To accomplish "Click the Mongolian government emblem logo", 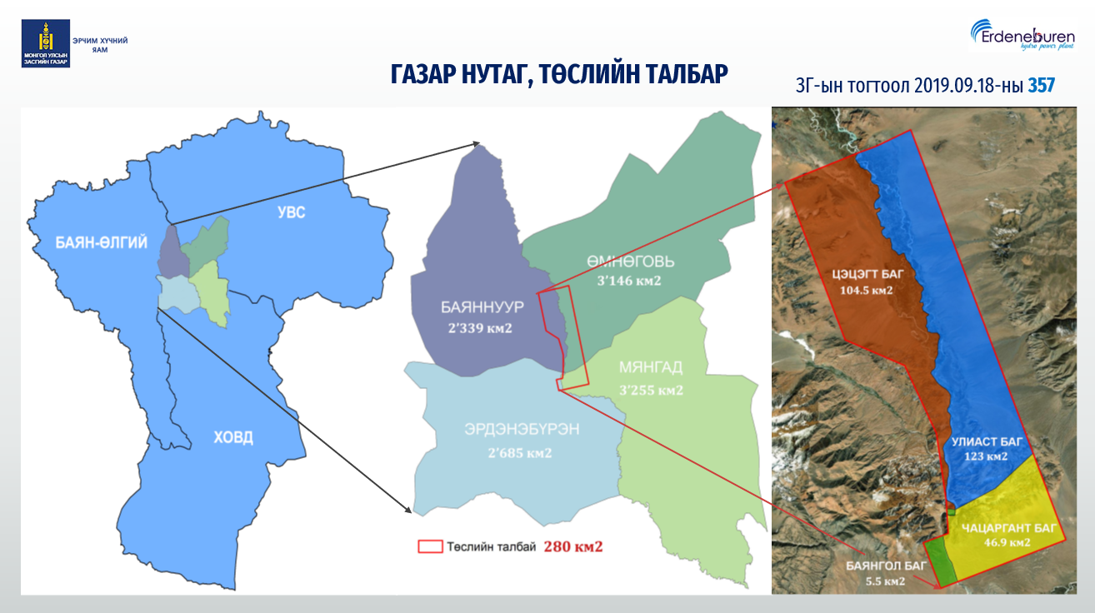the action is coord(46,43).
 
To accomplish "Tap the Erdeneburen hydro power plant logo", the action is coord(1022,35).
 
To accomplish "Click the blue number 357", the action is coord(1041,86).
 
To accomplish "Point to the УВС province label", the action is coord(292,212).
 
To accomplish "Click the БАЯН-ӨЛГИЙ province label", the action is coord(101,242).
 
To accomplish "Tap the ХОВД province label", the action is coord(233,437).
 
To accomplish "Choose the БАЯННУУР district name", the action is coord(482,306).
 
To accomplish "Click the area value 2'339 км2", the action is coord(480,328).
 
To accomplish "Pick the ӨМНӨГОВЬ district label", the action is coord(631,262).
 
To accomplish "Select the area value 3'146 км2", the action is coord(628,281).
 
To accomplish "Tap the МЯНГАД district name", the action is coord(651,367).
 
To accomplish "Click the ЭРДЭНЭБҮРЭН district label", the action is coord(522,429).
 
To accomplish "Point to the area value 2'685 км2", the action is coord(520,453).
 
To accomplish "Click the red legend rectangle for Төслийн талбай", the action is coord(430,546).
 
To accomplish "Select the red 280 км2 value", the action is coord(573,546).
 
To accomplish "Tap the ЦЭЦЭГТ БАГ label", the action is coord(867,274).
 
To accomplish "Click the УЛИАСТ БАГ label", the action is coord(987,442).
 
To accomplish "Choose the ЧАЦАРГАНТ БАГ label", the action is coord(1009,529).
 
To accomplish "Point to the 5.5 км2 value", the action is coord(885,581).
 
